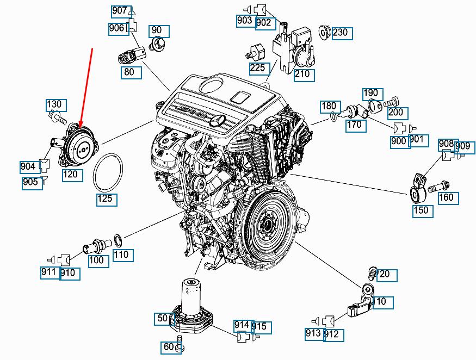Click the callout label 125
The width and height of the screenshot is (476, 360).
click(x=106, y=198)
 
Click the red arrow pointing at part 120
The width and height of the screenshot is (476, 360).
click(x=86, y=87)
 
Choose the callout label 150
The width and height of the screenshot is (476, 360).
click(x=421, y=210)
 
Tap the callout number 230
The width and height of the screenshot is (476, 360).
click(x=342, y=33)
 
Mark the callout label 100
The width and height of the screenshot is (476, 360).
click(x=97, y=260)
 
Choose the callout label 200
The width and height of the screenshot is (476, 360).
click(x=397, y=113)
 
